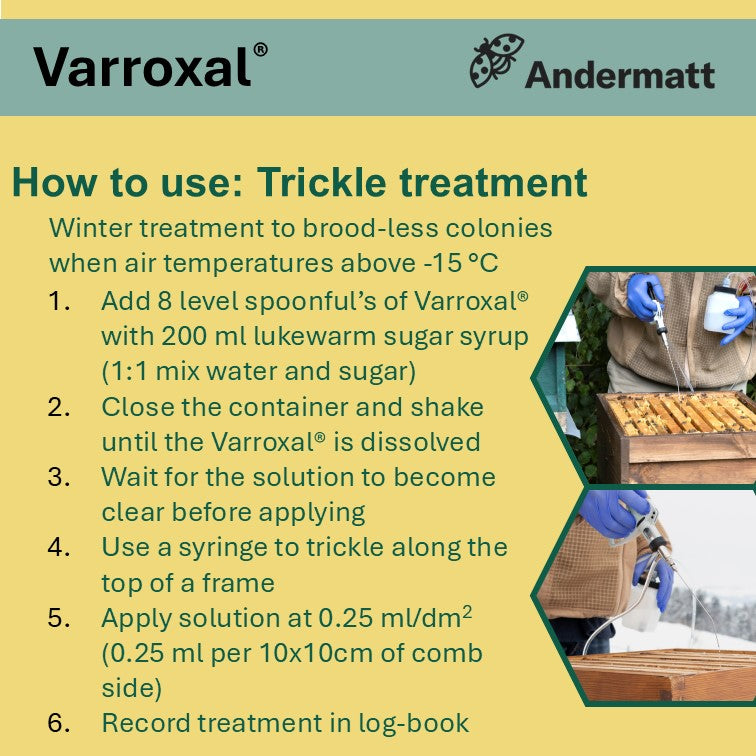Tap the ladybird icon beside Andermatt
(x=497, y=62)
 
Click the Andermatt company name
(x=619, y=74)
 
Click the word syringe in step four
(x=257, y=547)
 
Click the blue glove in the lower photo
(x=613, y=512)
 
